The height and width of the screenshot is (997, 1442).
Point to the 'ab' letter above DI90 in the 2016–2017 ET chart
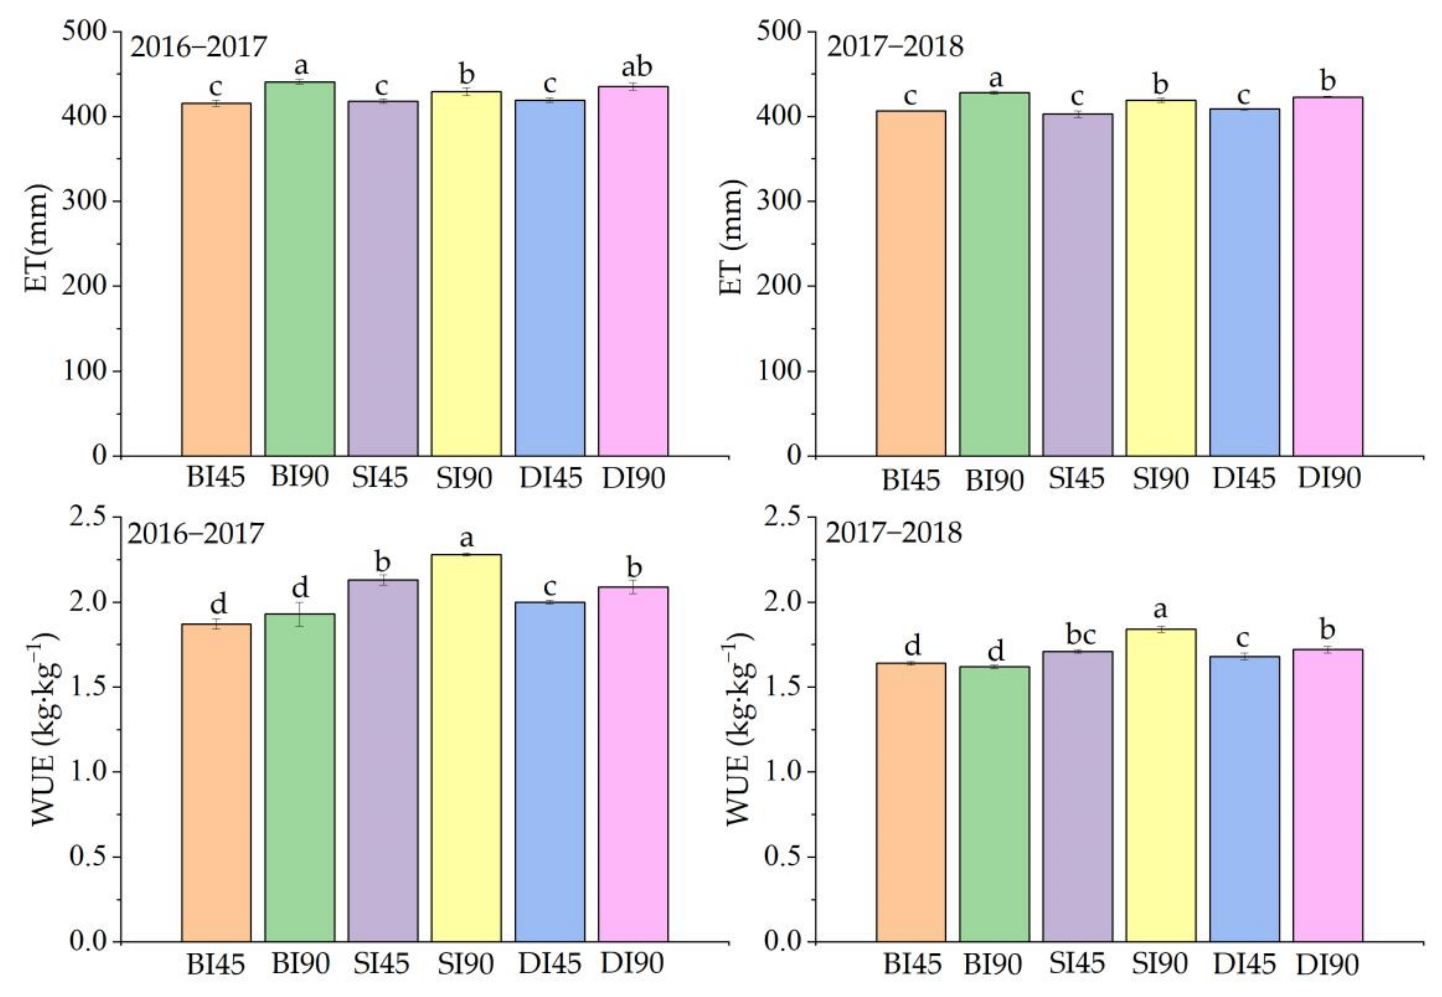[636, 66]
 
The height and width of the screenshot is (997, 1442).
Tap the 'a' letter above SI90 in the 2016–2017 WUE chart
[466, 538]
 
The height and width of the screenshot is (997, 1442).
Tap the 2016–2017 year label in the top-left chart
[198, 47]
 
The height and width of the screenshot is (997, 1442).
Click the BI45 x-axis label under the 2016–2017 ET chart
[216, 479]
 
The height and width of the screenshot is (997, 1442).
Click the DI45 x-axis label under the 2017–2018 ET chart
[1244, 479]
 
